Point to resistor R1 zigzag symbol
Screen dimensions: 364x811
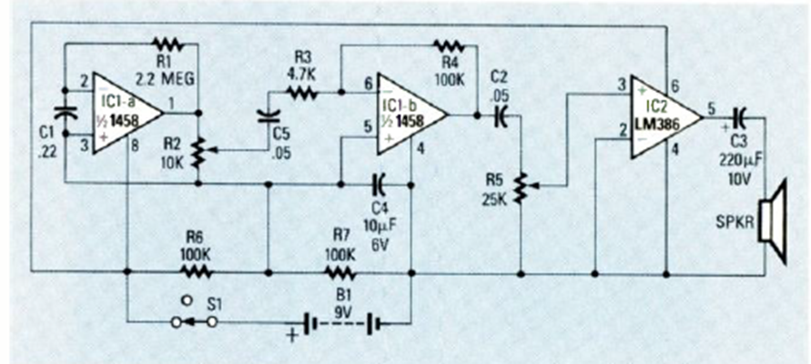point(168,43)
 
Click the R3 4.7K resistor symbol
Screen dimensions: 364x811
point(304,92)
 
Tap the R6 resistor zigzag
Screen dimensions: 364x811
point(197,270)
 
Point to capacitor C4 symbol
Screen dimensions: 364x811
point(380,183)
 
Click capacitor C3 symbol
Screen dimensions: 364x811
point(739,116)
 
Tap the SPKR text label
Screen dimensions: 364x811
point(735,223)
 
